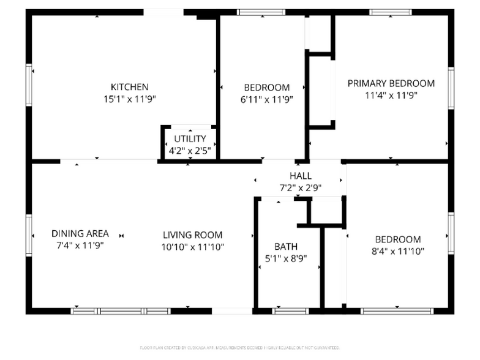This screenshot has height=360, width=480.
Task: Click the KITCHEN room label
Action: click(x=129, y=87)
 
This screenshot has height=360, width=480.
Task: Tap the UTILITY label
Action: click(x=190, y=138)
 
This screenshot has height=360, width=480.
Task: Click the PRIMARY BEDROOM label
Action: click(x=391, y=83)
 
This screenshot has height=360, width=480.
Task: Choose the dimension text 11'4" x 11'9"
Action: click(x=391, y=95)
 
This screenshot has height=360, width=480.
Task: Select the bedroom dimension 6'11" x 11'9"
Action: click(x=266, y=99)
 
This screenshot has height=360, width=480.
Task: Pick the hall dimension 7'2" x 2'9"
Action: click(x=301, y=188)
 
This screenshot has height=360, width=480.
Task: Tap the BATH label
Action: click(x=286, y=247)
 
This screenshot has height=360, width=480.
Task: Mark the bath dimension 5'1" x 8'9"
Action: click(x=286, y=258)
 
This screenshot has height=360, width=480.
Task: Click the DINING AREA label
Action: click(x=80, y=233)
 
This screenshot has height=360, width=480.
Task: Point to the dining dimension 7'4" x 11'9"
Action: click(x=80, y=245)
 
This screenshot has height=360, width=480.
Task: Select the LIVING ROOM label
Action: click(x=193, y=235)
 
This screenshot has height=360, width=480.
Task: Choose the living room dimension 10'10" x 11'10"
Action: click(x=193, y=247)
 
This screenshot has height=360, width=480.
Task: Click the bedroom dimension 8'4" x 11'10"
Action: click(x=398, y=251)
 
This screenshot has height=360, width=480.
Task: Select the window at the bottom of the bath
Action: click(x=291, y=311)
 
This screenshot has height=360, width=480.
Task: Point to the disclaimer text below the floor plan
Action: click(x=240, y=347)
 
